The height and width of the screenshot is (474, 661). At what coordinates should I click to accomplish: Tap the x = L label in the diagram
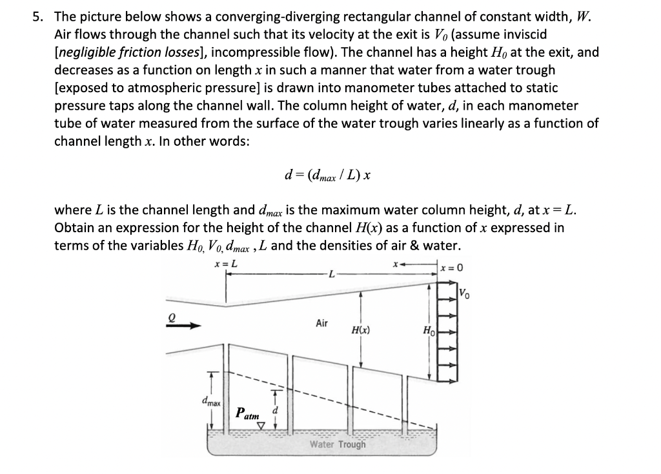225,264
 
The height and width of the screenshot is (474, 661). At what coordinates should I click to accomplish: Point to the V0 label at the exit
464,295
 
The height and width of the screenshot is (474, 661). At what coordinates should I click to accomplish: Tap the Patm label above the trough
249,413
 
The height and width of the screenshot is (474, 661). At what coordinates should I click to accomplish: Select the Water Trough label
337,444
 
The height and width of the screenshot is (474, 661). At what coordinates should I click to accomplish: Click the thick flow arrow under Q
182,326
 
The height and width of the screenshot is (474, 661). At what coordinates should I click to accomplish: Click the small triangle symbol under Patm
261,426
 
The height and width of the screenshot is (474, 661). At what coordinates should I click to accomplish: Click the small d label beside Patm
276,409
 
